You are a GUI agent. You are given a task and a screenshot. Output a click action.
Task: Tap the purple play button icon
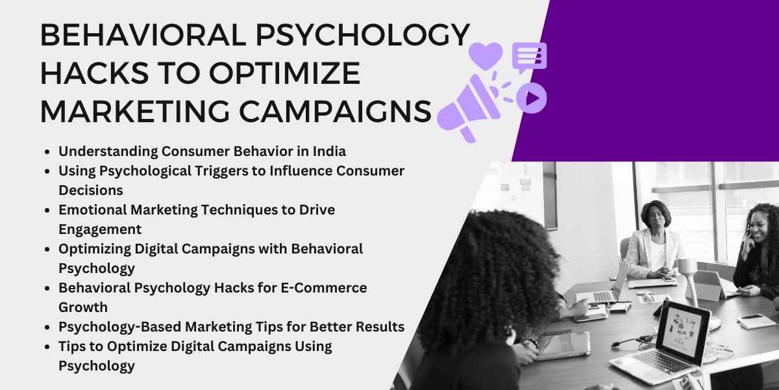coord(532,98)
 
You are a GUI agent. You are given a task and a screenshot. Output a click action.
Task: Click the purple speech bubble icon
coord(529,57)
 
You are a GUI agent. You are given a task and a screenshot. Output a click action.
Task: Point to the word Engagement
coord(100,229)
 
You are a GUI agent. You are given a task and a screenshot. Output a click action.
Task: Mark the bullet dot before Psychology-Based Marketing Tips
coord(48,327)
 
